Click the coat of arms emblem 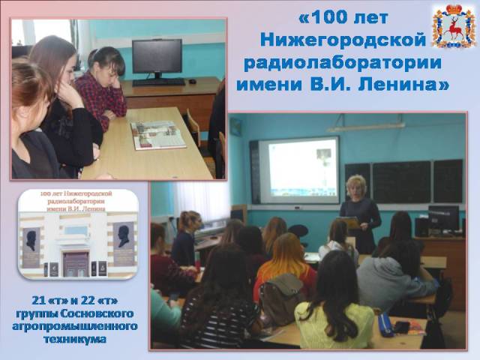point(454,26)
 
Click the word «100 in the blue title point(326,18)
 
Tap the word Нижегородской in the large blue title point(343,40)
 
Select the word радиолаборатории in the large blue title point(343,63)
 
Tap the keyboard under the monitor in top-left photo point(158,82)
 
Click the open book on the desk point(157,135)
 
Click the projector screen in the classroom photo point(299,170)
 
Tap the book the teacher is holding point(348,222)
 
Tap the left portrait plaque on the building point(31,247)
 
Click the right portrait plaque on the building point(123,244)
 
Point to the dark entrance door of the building point(76,264)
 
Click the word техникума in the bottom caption point(75,339)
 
